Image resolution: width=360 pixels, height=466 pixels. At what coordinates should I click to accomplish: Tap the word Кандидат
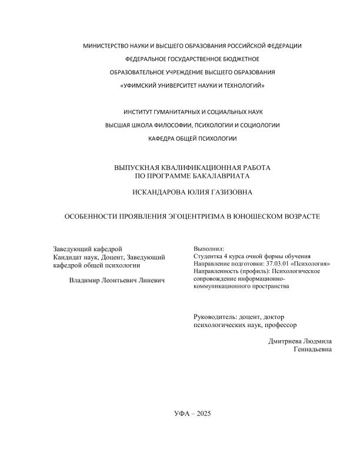click(67, 257)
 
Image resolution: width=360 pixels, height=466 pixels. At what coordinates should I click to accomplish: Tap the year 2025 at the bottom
click(201, 414)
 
